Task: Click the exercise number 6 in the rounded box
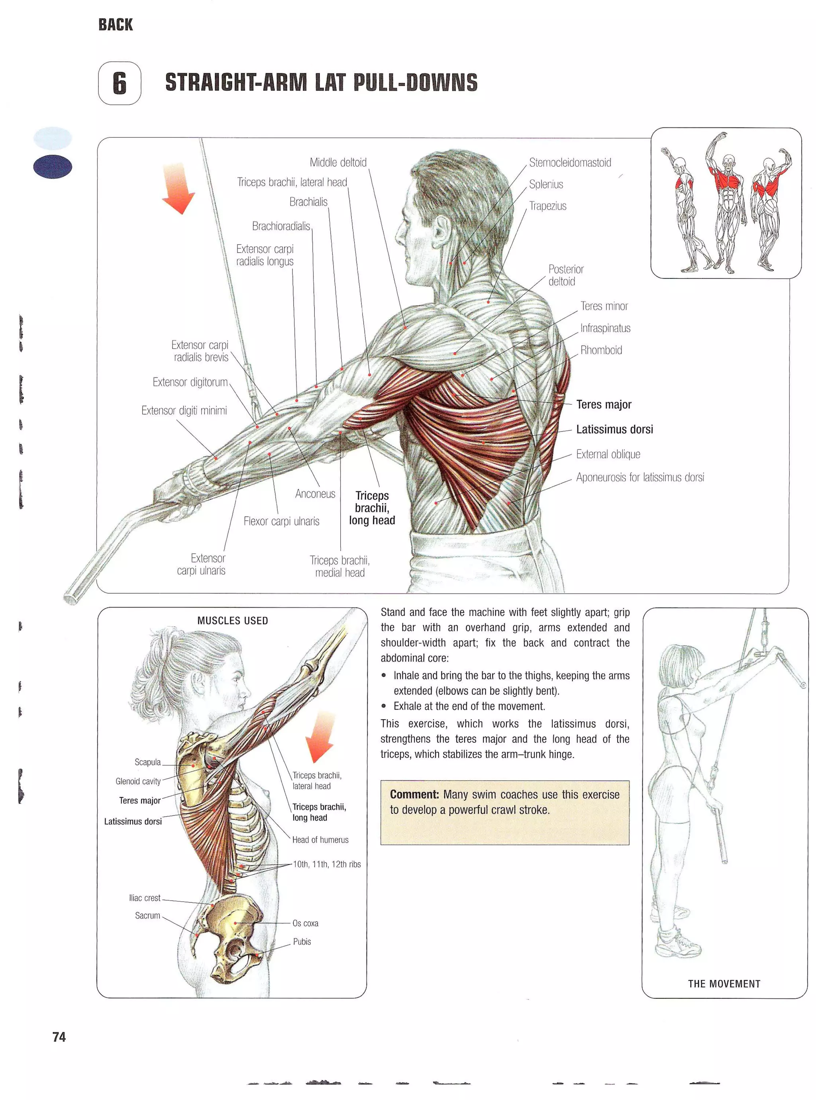[120, 83]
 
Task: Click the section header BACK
[116, 25]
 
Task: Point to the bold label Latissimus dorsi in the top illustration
[614, 429]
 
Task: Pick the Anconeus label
[315, 494]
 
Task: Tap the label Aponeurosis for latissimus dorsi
[639, 477]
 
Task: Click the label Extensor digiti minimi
[184, 410]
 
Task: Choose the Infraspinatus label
[605, 328]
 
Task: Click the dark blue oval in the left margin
[52, 167]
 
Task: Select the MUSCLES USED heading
[232, 620]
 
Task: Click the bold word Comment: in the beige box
[414, 794]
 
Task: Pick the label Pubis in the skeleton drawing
[302, 941]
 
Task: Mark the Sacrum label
[147, 915]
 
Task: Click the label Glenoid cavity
[138, 781]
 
